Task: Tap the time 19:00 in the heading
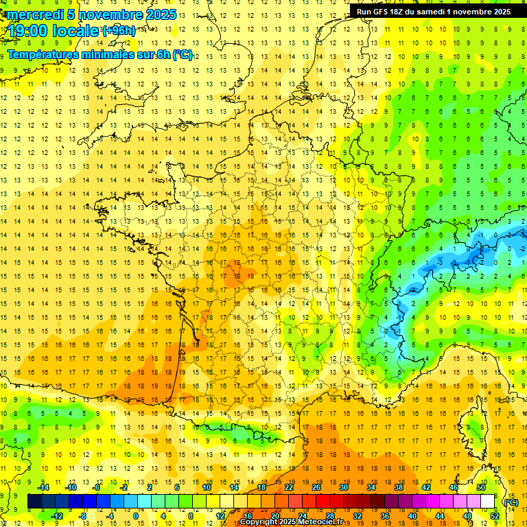pyautogui.click(x=31, y=31)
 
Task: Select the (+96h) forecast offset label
pyautogui.click(x=119, y=31)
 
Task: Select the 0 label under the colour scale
pyautogui.click(x=136, y=516)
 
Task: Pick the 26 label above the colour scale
pyautogui.click(x=316, y=487)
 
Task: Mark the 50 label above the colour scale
pyautogui.click(x=480, y=487)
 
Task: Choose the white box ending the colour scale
pyautogui.click(x=487, y=502)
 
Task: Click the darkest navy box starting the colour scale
pyautogui.click(x=34, y=502)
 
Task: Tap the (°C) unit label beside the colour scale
pyautogui.click(x=511, y=502)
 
